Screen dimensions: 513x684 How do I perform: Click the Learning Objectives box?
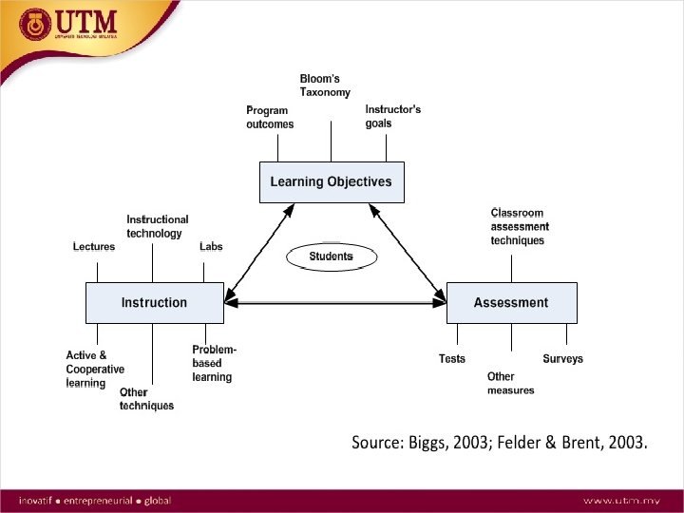[332, 181]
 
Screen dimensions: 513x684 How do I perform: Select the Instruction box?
[154, 303]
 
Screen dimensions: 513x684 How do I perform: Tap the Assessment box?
[511, 303]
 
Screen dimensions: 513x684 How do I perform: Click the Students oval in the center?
[331, 256]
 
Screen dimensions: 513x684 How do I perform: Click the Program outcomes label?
[270, 117]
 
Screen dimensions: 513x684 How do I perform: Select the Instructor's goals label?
[392, 116]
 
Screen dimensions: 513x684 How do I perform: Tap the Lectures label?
[94, 247]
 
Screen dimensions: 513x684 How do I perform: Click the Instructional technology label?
[158, 226]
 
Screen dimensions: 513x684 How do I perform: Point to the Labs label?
[211, 247]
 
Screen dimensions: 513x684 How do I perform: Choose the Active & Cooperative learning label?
[95, 369]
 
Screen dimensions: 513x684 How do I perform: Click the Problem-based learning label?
[214, 364]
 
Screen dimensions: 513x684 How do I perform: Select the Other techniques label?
[146, 399]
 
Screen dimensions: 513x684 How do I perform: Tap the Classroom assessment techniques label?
[520, 227]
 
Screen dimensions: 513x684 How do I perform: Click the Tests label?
[452, 359]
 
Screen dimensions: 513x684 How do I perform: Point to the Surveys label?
[562, 359]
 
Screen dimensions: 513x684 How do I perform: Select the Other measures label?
[510, 384]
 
